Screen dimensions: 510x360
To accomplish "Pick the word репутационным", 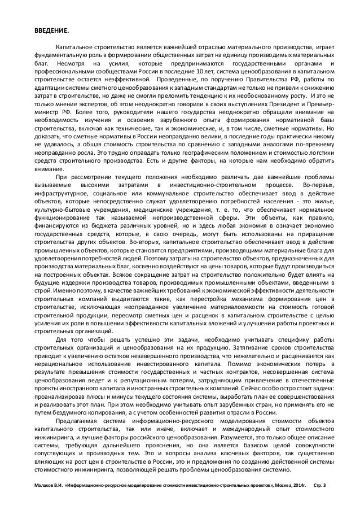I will click(x=138, y=364).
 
